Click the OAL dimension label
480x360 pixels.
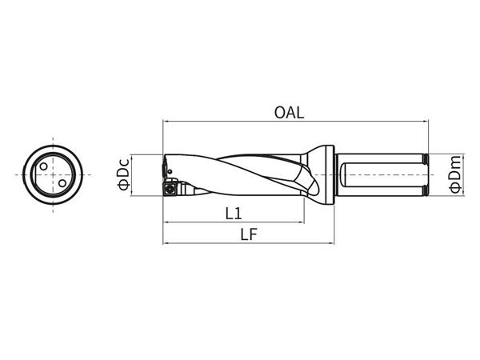289,112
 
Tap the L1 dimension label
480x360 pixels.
234,214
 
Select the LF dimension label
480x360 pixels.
249,234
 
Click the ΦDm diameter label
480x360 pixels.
455,174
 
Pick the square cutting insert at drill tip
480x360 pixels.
170,189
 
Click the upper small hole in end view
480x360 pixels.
44,166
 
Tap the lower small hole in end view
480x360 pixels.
62,183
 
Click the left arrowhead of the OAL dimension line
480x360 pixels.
166,122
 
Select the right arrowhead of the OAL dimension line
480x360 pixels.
426,122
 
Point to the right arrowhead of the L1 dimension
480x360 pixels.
302,222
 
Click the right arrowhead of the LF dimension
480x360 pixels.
331,244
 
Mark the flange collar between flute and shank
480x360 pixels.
330,174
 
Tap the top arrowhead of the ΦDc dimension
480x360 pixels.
132,158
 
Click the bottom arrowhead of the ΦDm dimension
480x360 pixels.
464,192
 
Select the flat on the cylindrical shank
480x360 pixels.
382,174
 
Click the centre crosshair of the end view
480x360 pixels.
53,174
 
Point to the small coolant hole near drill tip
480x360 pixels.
170,171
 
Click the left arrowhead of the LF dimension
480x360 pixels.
166,244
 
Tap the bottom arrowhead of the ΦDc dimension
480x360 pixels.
132,193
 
